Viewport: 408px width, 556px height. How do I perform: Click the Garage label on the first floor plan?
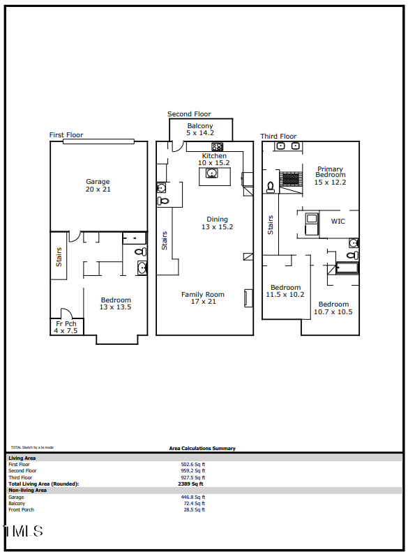pyautogui.click(x=98, y=185)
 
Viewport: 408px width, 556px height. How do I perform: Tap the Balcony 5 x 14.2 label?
pyautogui.click(x=199, y=129)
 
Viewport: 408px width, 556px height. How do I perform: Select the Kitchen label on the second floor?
pyautogui.click(x=214, y=159)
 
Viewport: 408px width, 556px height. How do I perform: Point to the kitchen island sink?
pyautogui.click(x=211, y=173)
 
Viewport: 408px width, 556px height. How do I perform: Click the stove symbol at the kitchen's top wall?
pyautogui.click(x=218, y=146)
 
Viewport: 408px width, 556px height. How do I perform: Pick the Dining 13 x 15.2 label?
pyautogui.click(x=217, y=223)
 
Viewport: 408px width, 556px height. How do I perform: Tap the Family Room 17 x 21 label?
pyautogui.click(x=202, y=298)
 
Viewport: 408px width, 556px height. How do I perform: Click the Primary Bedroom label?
pyautogui.click(x=330, y=175)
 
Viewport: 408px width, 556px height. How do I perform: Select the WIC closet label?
pyautogui.click(x=338, y=222)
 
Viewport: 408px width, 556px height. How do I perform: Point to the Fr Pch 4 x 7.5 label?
pyautogui.click(x=66, y=327)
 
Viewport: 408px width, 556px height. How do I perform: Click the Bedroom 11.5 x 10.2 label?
pyautogui.click(x=285, y=291)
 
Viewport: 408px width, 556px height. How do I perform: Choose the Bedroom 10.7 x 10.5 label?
pyautogui.click(x=333, y=308)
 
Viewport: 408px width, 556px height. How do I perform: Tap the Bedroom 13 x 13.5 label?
pyautogui.click(x=115, y=303)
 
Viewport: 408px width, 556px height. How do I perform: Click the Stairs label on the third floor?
pyautogui.click(x=271, y=224)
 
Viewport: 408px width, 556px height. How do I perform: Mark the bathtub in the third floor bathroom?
pyautogui.click(x=347, y=268)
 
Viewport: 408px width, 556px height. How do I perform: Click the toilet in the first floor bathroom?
pyautogui.click(x=139, y=252)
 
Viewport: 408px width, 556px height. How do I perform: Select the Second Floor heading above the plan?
pyautogui.click(x=189, y=114)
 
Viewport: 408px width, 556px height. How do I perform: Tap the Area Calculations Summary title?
pyautogui.click(x=202, y=449)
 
